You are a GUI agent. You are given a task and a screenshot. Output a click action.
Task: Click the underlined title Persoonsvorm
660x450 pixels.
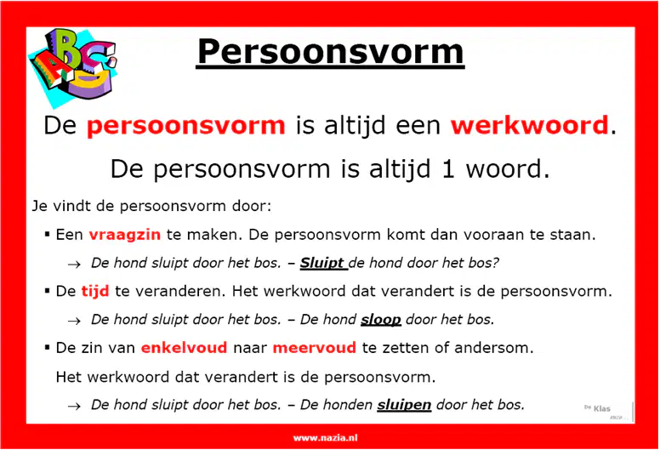click(330, 52)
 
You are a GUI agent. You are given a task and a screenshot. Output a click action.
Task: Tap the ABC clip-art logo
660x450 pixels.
click(73, 66)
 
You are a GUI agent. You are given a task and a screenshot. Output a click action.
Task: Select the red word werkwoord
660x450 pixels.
click(530, 125)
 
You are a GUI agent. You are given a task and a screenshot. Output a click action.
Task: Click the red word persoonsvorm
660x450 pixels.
click(185, 126)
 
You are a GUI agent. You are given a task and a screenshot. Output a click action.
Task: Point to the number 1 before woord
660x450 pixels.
click(448, 169)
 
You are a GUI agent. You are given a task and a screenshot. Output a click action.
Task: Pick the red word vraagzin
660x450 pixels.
click(124, 235)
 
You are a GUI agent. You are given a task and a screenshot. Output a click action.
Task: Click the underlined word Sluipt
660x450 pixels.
click(322, 263)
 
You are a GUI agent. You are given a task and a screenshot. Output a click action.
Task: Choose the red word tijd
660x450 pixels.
click(95, 291)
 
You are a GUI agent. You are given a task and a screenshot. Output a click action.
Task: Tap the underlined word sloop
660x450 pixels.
click(380, 320)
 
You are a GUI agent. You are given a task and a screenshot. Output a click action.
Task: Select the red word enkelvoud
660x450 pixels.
click(184, 348)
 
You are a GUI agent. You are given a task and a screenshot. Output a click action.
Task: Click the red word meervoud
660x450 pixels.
click(315, 348)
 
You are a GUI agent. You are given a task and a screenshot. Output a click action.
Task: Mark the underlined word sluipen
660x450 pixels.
click(404, 405)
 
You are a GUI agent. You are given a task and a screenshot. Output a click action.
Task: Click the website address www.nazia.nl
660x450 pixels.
click(326, 438)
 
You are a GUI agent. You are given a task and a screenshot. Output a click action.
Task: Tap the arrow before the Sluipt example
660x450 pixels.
click(74, 265)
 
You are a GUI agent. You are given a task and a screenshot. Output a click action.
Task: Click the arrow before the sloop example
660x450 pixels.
click(74, 322)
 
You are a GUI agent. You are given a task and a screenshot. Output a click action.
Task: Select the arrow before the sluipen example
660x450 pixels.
click(74, 407)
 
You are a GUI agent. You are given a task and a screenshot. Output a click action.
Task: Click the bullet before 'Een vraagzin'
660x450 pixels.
click(47, 234)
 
